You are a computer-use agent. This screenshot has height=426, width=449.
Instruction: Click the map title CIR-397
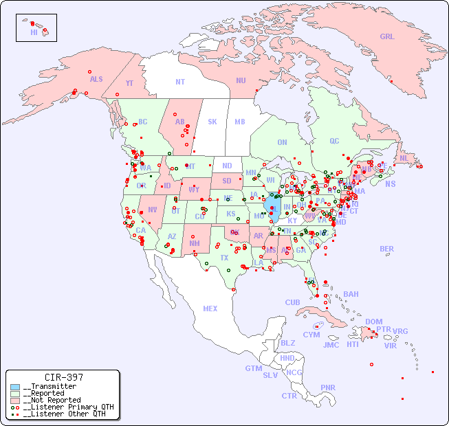click(x=63, y=377)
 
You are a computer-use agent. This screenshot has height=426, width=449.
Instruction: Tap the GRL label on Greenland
click(x=387, y=37)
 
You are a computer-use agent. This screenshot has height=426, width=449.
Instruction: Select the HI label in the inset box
click(x=34, y=32)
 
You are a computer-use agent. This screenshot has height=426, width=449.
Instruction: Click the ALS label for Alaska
click(x=96, y=79)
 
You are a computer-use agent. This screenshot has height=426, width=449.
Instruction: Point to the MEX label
click(x=210, y=309)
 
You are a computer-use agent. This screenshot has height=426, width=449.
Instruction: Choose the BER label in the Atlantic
click(x=387, y=249)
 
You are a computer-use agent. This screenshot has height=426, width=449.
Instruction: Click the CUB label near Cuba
click(x=293, y=302)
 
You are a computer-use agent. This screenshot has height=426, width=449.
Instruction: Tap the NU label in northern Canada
click(x=241, y=80)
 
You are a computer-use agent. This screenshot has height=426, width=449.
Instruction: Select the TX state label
click(x=224, y=258)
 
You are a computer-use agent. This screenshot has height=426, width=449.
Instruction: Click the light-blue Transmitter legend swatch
click(x=15, y=387)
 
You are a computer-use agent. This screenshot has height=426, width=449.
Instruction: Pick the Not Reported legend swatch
click(x=15, y=400)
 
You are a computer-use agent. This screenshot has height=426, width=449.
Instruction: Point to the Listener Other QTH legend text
click(x=64, y=414)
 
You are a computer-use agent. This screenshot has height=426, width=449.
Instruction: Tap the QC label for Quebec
click(x=334, y=141)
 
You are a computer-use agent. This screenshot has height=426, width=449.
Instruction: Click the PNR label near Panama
click(x=328, y=388)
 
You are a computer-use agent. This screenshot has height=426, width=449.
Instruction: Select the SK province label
click(x=212, y=122)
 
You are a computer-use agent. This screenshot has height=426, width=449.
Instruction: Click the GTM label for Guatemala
click(x=254, y=368)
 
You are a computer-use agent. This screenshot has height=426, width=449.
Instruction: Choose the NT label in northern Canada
click(x=180, y=82)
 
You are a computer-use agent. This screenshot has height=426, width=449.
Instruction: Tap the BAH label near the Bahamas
click(x=351, y=294)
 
